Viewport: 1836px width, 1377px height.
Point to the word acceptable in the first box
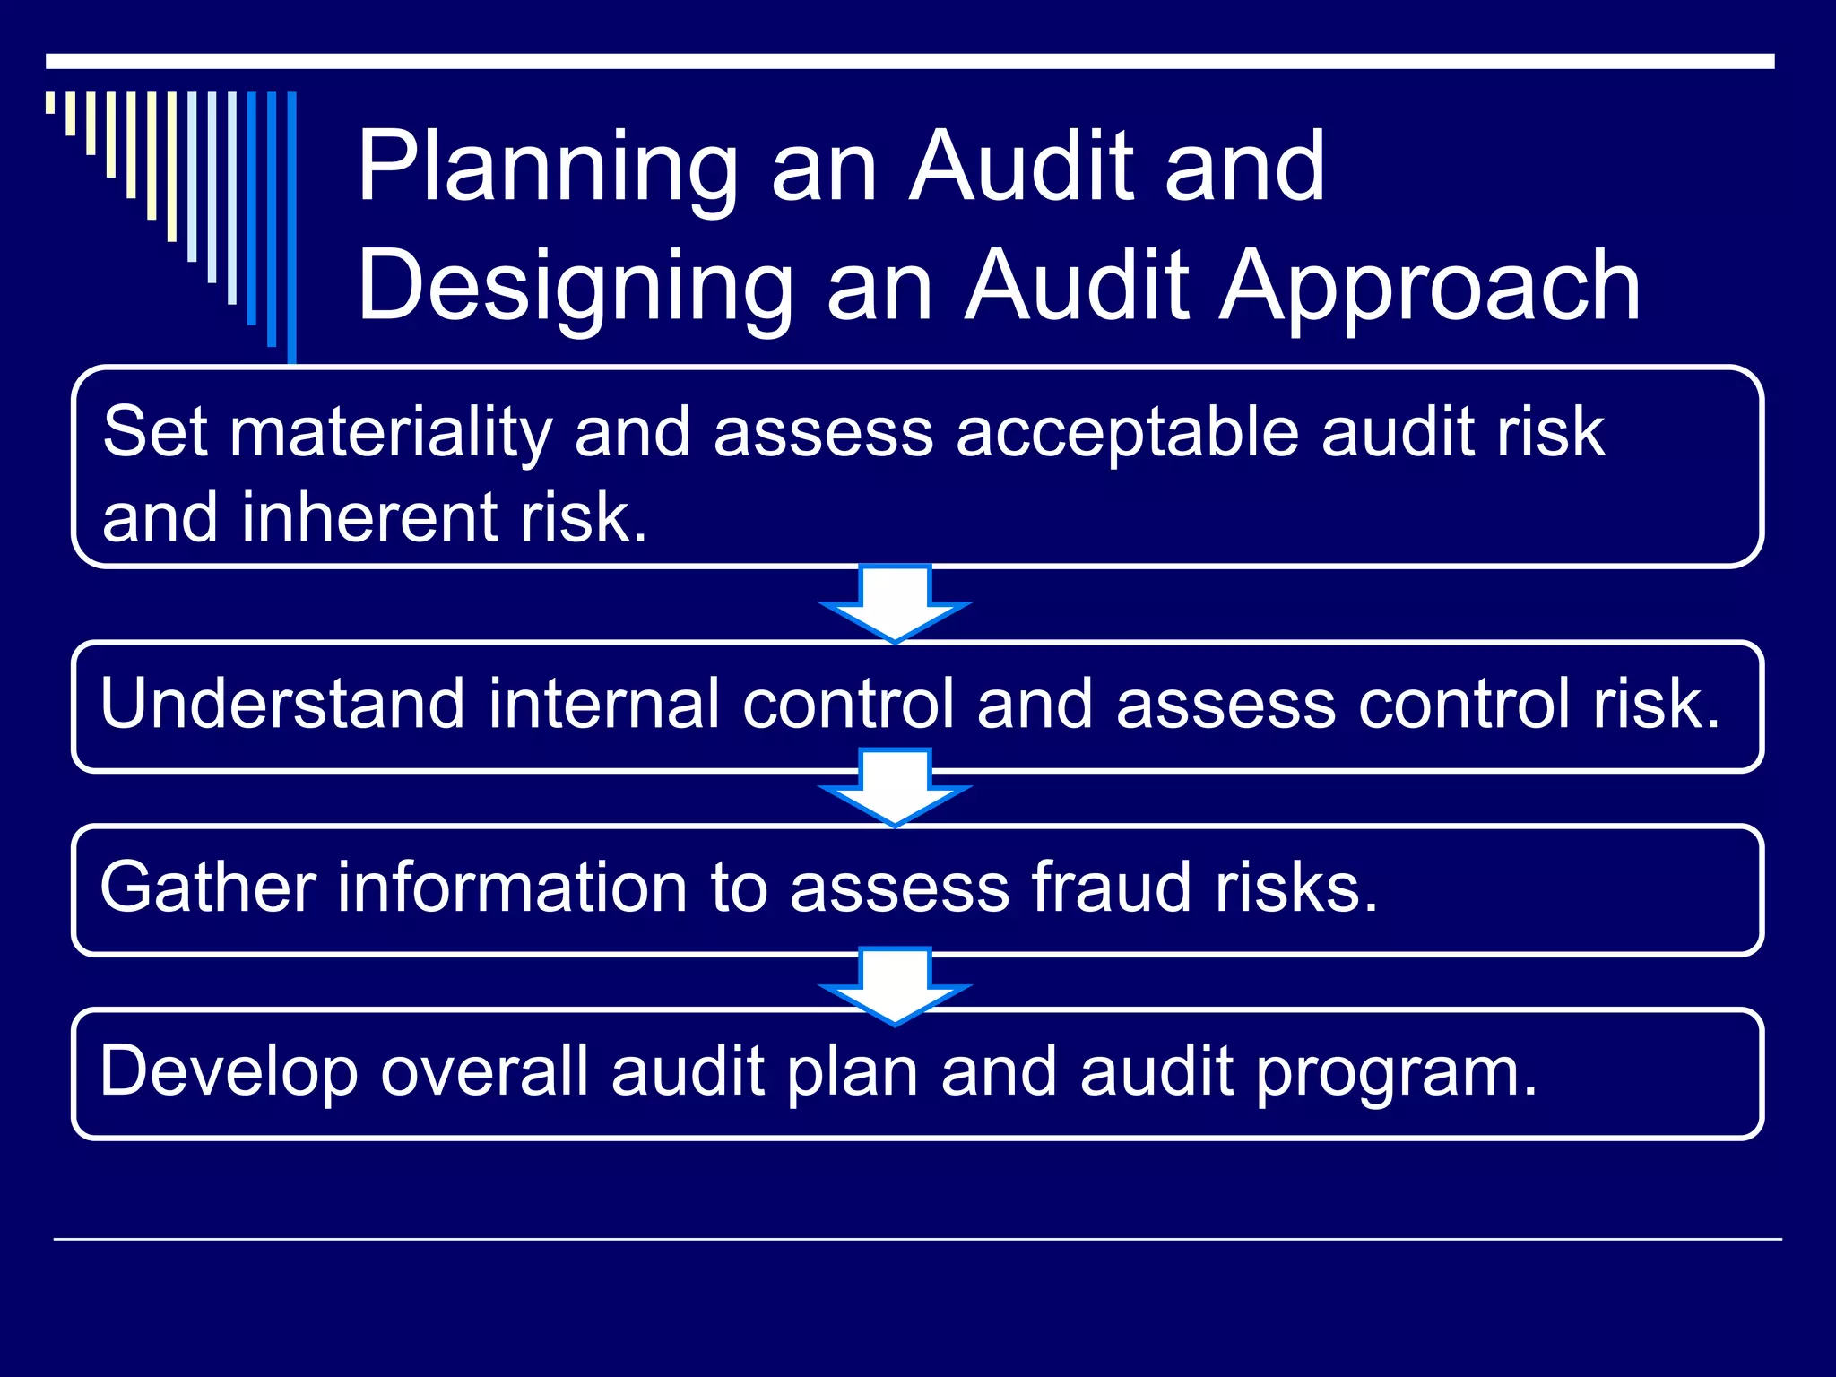tap(1126, 432)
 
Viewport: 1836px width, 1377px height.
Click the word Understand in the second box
tap(282, 704)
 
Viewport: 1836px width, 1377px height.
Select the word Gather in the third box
tap(208, 888)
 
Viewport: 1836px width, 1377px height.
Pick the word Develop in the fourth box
tap(229, 1071)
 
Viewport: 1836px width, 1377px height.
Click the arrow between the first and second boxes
tap(895, 603)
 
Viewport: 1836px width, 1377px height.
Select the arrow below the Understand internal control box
tap(895, 786)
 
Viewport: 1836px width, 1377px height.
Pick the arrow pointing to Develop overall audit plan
tap(895, 985)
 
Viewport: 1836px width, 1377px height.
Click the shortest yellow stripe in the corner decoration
tap(51, 102)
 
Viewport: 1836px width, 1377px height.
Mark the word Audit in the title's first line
tap(1021, 168)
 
